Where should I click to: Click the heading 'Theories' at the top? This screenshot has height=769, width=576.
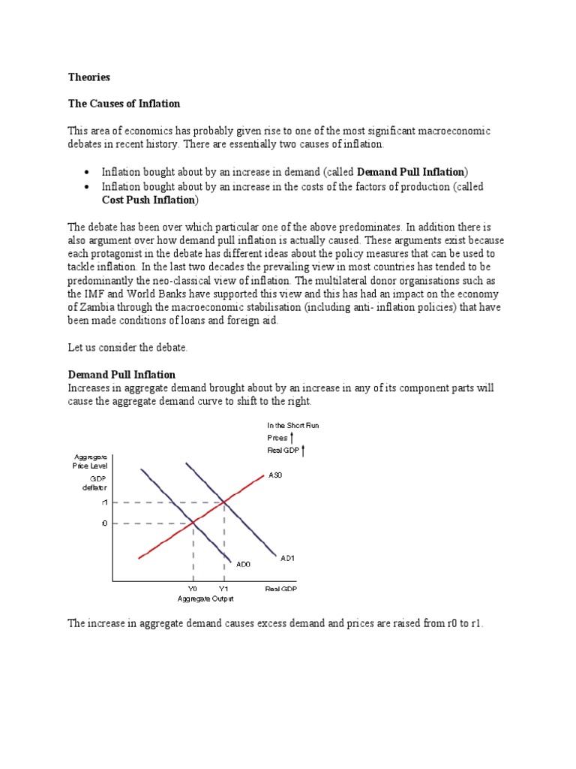(88, 77)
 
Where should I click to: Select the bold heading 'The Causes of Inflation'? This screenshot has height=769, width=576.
(124, 104)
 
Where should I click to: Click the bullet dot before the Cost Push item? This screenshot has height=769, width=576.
(86, 187)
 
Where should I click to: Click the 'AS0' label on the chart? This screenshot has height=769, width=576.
(275, 475)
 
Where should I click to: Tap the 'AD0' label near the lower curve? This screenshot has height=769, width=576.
(244, 564)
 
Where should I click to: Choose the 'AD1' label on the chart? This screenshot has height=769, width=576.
(289, 559)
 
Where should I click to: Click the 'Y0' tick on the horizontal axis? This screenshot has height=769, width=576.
(193, 590)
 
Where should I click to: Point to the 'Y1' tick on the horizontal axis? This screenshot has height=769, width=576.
(223, 590)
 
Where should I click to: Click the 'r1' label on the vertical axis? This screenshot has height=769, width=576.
(105, 502)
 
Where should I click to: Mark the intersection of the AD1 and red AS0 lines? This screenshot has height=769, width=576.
(223, 502)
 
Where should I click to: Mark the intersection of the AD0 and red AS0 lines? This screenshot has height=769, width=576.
(193, 523)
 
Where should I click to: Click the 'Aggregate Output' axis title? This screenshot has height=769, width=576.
(205, 599)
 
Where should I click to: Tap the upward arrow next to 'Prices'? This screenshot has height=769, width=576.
(292, 437)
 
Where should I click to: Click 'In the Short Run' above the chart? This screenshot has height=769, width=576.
(292, 426)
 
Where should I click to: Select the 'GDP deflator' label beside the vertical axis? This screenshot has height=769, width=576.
(99, 483)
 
